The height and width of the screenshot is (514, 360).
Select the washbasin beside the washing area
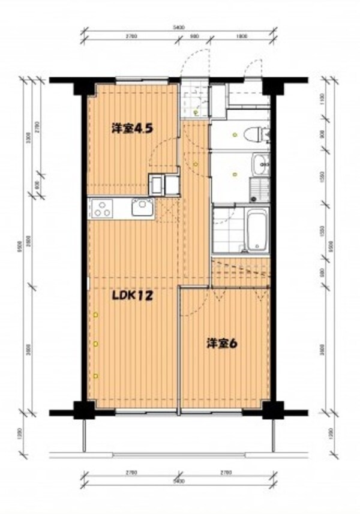pos(261,162)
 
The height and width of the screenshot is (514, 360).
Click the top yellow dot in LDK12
pos(95,314)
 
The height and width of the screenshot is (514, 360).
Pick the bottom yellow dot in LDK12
pos(95,375)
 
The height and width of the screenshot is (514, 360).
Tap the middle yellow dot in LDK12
pos(95,344)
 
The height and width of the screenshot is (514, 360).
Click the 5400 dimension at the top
pos(178,27)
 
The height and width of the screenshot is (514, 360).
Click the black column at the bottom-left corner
pos(83,411)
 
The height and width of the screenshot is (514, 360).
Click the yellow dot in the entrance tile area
pos(196,112)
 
